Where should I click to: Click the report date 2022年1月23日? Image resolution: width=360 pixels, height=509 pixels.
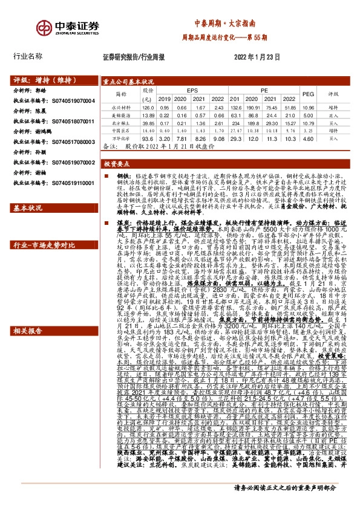coord(256,56)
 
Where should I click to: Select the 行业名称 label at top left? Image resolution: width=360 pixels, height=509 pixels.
coord(28,56)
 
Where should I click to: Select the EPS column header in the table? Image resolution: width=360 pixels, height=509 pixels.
coord(192,89)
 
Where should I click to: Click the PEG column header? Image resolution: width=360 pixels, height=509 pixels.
coord(307,94)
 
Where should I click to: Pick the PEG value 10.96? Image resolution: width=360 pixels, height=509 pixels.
coord(307,106)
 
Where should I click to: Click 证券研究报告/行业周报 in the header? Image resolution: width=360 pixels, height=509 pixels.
coord(134,56)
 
